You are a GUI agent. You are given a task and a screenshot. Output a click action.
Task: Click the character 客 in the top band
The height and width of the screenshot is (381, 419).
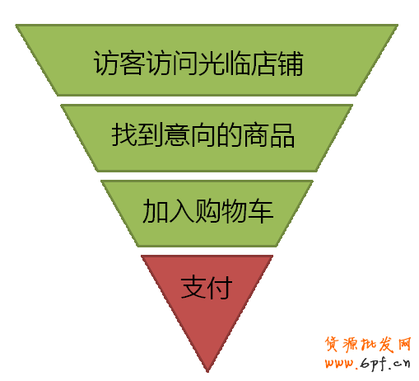[133, 63]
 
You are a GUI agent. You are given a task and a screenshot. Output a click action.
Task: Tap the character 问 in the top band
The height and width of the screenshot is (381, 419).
[185, 63]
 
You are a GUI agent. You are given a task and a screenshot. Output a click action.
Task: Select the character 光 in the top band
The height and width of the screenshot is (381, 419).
[212, 63]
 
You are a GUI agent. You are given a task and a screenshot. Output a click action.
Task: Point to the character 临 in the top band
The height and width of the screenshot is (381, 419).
[238, 63]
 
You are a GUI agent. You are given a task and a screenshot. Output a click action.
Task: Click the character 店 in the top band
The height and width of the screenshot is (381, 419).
[264, 63]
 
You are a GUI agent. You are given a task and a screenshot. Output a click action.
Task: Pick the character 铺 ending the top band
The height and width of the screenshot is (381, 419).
[291, 63]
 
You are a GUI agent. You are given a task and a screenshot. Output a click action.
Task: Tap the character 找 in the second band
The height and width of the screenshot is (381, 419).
[123, 134]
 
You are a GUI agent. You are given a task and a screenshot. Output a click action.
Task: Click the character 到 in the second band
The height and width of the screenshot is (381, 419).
[150, 134]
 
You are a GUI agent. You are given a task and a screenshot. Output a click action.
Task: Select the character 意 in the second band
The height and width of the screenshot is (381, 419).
[176, 134]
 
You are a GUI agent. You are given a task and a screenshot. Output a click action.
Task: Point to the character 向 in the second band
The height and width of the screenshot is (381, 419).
[203, 134]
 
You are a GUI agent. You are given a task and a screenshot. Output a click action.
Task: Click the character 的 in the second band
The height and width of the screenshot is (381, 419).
[229, 134]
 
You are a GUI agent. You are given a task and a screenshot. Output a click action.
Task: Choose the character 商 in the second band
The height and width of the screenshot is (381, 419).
[255, 134]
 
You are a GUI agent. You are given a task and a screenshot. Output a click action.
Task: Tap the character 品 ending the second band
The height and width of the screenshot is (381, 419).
[282, 134]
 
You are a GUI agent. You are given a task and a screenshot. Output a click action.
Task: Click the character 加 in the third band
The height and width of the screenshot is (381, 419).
[155, 210]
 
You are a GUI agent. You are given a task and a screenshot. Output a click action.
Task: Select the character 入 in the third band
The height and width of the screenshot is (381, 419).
[181, 210]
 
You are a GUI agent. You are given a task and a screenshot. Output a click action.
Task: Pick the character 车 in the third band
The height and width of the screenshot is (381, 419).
[261, 210]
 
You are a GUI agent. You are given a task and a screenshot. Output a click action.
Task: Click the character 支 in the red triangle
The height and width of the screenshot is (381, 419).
[193, 287]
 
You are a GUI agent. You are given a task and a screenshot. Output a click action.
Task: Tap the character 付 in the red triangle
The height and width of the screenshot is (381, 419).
[220, 287]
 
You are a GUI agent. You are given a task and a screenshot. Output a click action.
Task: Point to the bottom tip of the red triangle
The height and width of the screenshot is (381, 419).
[207, 372]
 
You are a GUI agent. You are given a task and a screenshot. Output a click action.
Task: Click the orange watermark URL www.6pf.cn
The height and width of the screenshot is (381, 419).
[368, 364]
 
